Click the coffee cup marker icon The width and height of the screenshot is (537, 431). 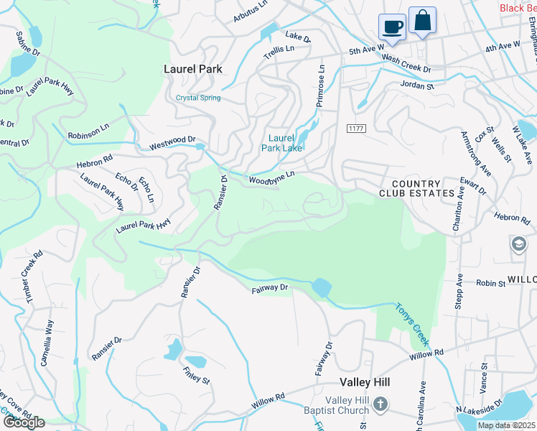coord(392,27)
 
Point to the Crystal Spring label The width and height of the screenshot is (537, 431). coord(198,98)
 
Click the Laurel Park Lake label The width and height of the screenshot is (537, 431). coord(285,143)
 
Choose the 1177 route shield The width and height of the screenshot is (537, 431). coord(355,128)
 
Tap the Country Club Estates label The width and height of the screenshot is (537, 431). coord(417,188)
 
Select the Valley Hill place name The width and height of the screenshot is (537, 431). coord(364,382)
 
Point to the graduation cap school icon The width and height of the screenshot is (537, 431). coord(518,244)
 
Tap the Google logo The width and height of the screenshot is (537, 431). coord(24,422)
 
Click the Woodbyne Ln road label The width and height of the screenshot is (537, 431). coord(272,177)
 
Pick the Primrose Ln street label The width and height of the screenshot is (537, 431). coord(321,86)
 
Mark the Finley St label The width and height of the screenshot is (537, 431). coord(196,375)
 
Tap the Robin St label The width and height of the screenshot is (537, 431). coord(491,284)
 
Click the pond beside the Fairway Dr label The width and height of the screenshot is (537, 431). coord(321,288)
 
